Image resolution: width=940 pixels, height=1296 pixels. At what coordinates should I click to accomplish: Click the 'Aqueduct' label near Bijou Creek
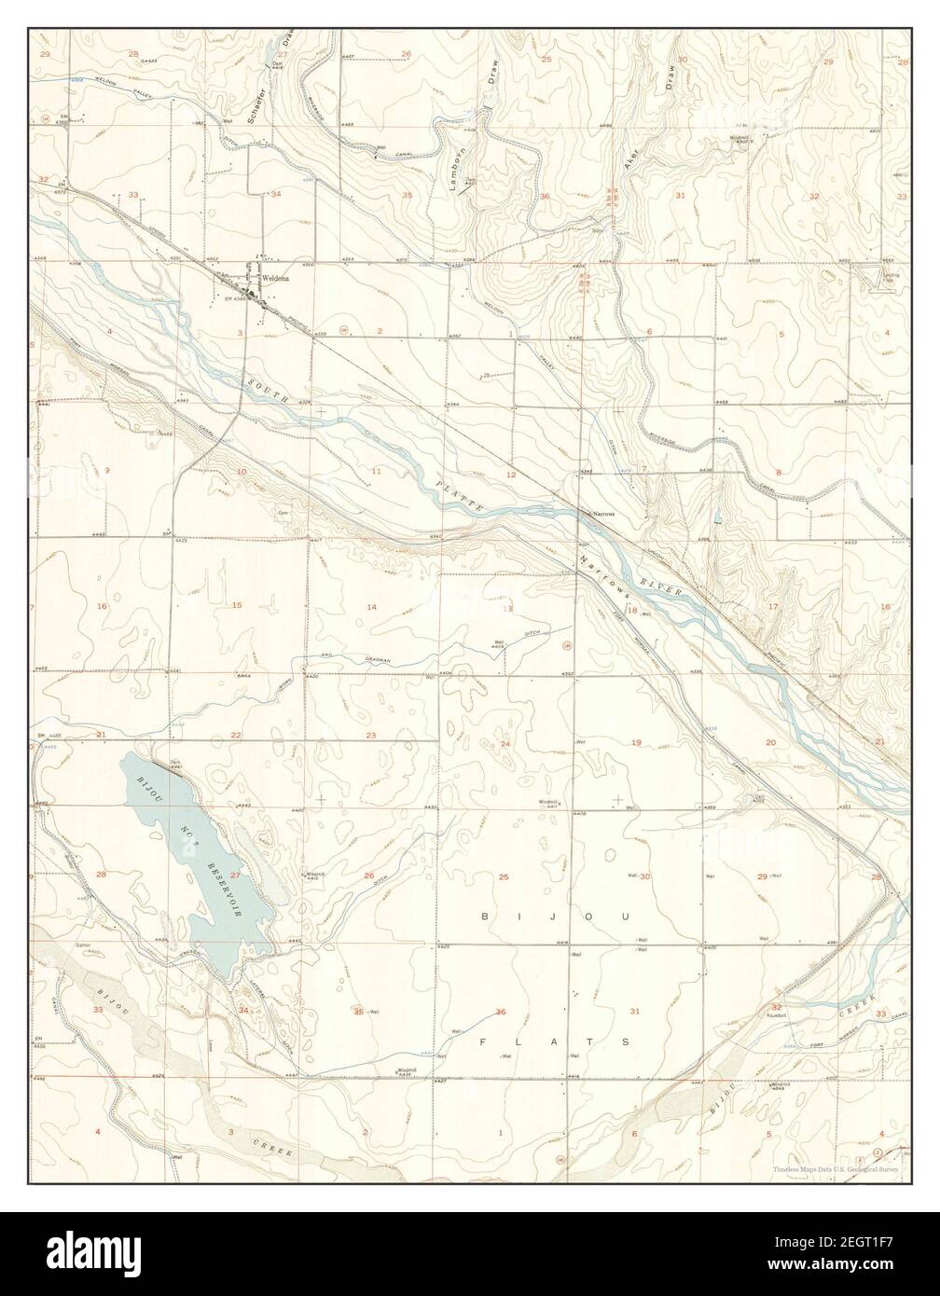coord(780,1014)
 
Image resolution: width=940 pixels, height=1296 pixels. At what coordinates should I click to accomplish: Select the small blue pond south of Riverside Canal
coord(716,516)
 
